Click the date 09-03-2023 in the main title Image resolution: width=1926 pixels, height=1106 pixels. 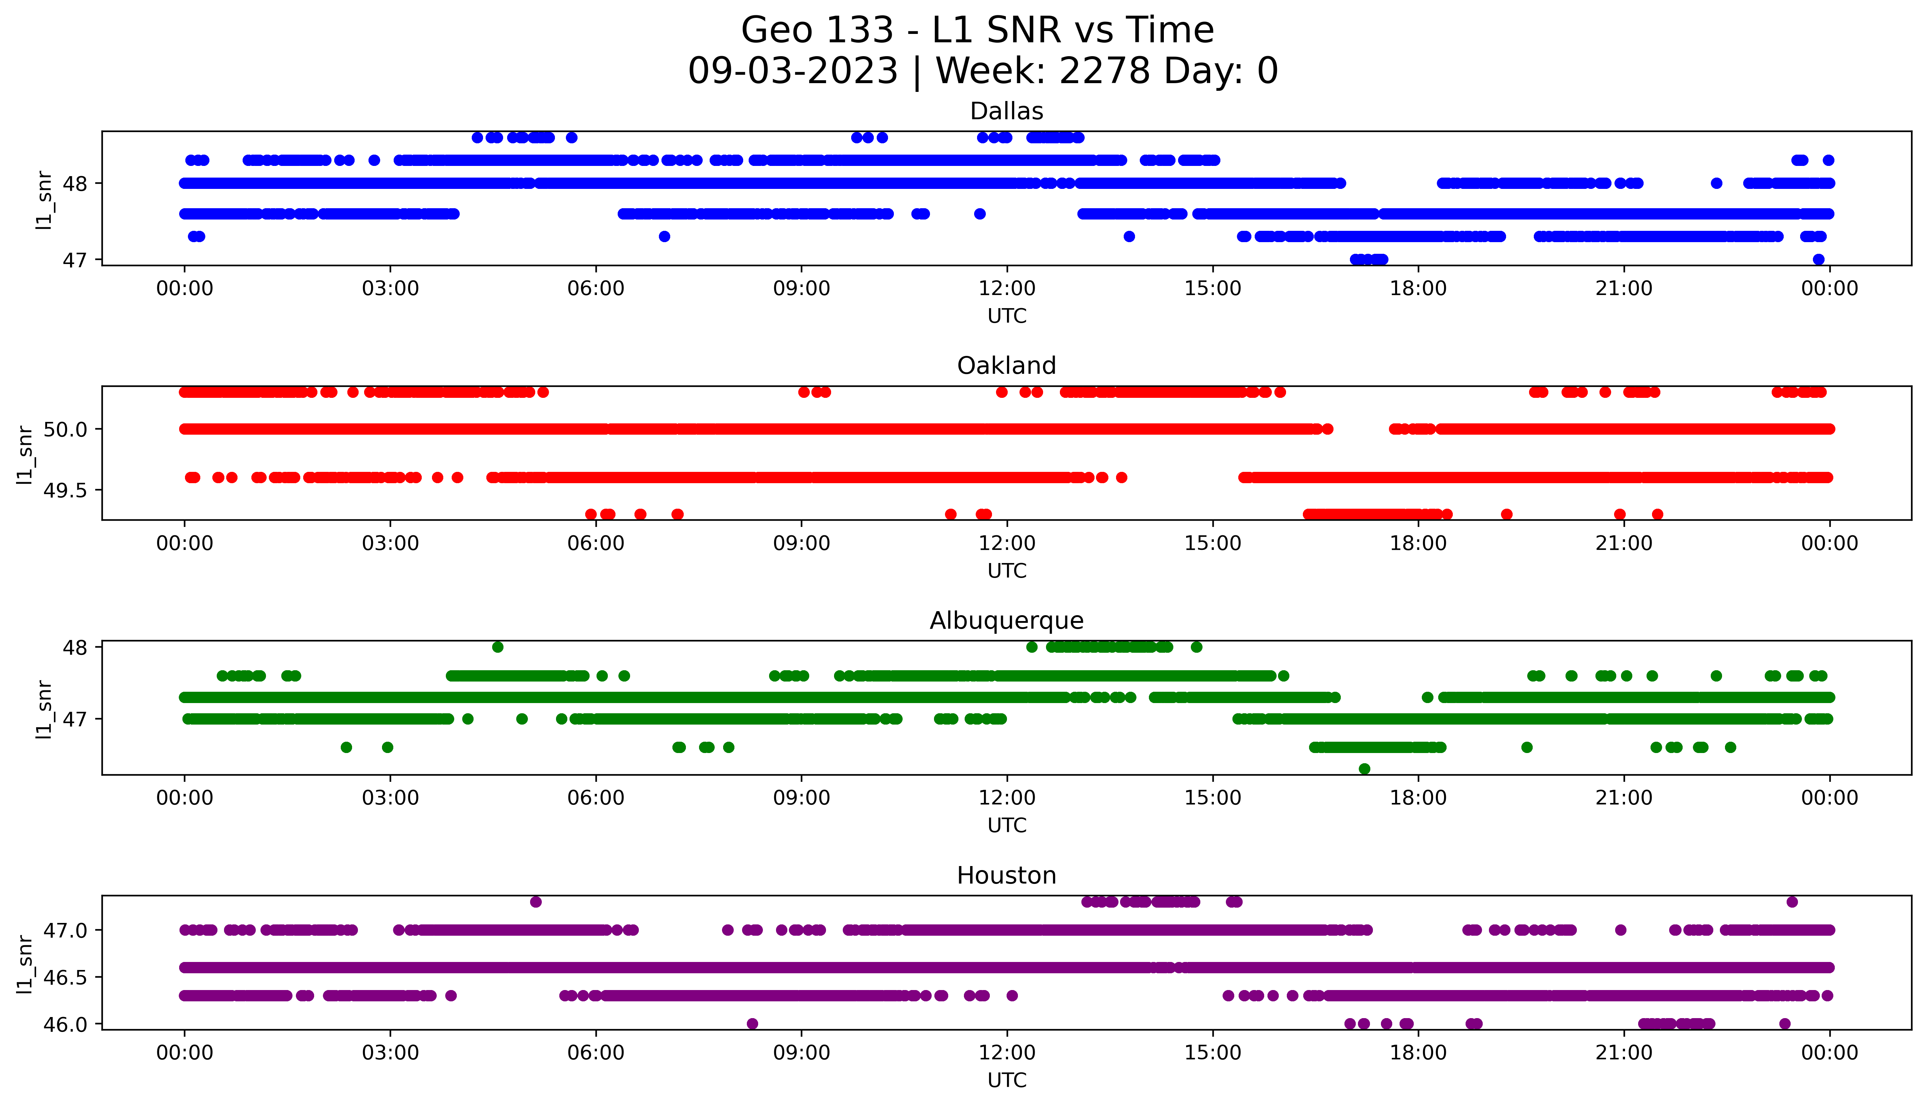tap(792, 71)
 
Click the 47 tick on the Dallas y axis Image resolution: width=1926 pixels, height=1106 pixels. tap(75, 260)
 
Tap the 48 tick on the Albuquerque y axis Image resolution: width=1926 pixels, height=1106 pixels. tap(75, 647)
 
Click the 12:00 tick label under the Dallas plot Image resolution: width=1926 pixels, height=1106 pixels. tap(1007, 289)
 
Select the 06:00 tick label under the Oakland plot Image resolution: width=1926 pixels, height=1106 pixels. tap(596, 543)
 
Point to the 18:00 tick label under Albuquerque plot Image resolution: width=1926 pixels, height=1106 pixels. tap(1418, 798)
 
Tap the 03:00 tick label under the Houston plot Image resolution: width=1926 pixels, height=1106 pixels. tap(390, 1053)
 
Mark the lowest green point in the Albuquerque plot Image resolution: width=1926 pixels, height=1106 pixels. tap(1365, 769)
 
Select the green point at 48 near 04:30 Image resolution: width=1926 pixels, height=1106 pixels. tap(498, 647)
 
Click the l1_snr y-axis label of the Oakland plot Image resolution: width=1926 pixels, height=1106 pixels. tap(25, 454)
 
